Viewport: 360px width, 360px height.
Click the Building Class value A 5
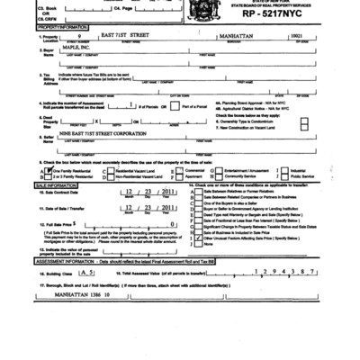86,295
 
